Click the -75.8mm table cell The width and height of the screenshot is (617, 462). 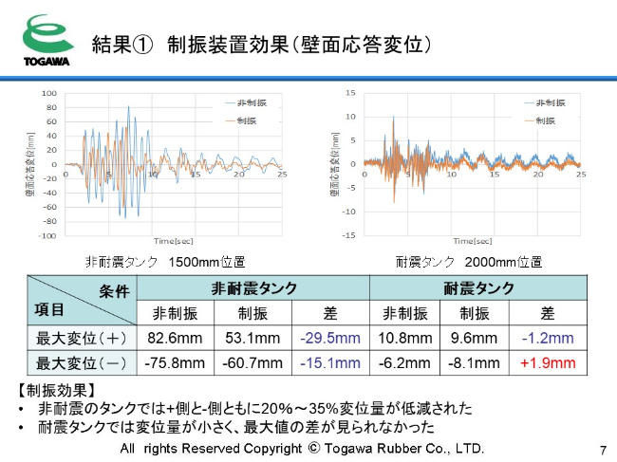point(174,362)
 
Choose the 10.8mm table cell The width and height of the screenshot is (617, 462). point(403,338)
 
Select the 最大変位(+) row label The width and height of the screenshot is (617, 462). point(82,338)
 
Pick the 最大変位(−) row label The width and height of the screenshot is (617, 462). point(82,362)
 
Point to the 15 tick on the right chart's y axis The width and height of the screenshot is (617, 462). point(350,93)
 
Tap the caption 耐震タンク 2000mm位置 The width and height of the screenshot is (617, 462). point(469,261)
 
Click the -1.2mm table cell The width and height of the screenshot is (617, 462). point(548,338)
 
